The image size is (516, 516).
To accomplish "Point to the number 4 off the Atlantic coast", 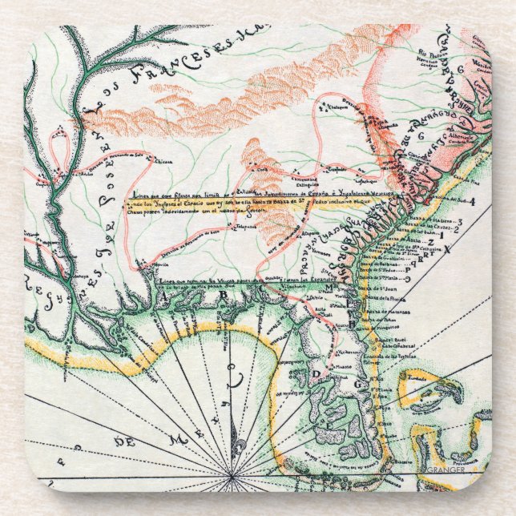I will pyautogui.click(x=473, y=202).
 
